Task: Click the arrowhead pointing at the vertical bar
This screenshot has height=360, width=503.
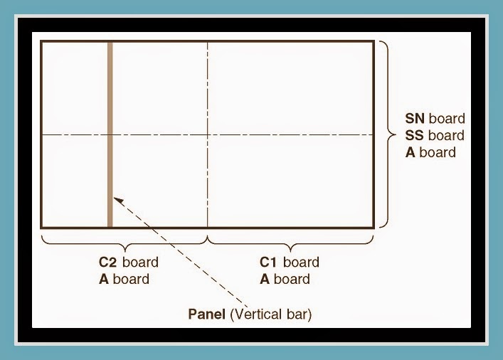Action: coord(118,200)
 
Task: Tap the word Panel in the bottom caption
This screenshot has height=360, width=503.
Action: coord(207,313)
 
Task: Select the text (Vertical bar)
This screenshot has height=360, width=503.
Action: coord(272,313)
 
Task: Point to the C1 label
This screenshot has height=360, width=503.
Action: coord(270,262)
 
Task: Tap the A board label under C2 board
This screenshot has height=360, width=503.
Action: coord(125,279)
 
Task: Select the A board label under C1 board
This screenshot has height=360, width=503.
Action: coord(285,279)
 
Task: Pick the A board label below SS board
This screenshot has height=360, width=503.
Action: coord(430,152)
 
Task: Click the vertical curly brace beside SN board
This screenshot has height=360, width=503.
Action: coord(386,134)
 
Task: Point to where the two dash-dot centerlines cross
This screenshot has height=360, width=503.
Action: coord(208,134)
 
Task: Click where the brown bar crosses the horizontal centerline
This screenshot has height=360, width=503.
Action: coord(110,134)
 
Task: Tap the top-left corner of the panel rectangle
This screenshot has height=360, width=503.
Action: coord(41,42)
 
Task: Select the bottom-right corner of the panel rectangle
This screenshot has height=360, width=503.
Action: coord(374,227)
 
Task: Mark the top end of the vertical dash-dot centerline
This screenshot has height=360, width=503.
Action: coord(208,43)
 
